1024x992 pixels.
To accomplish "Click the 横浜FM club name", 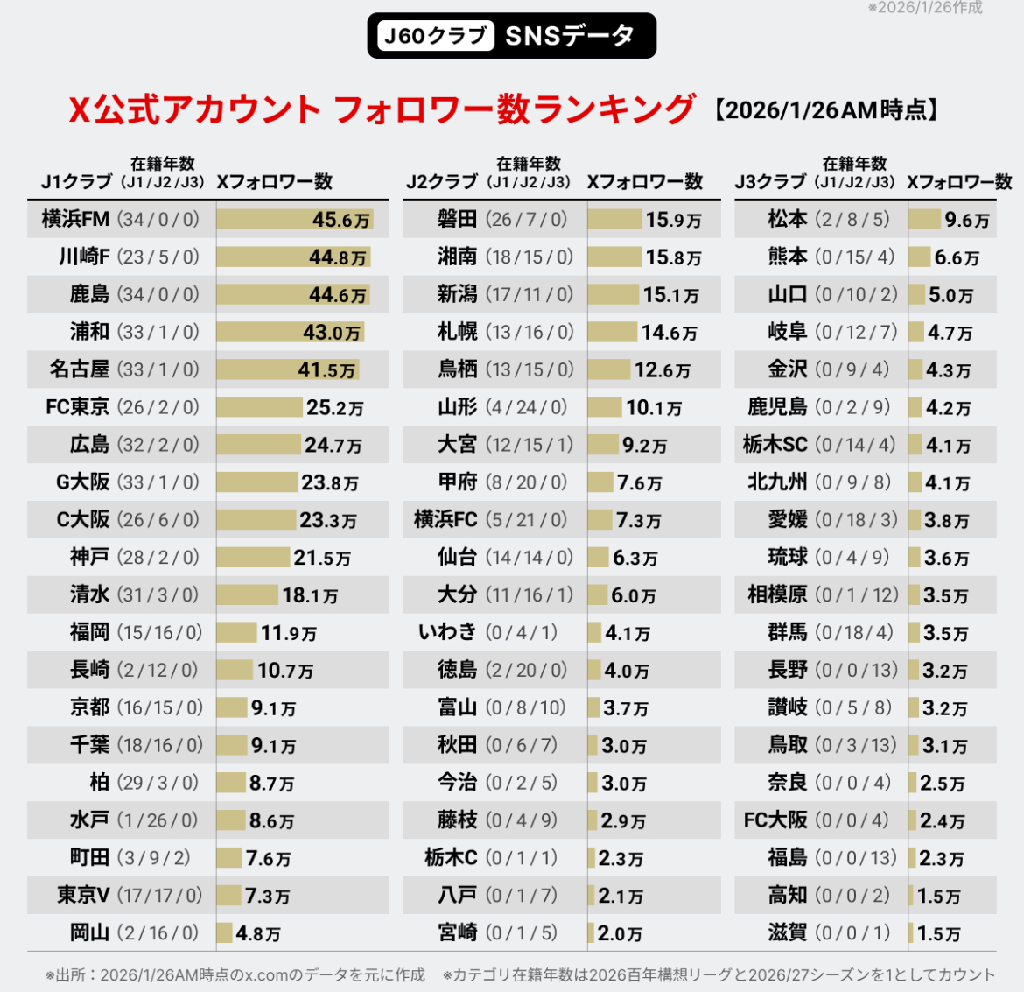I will click(76, 219).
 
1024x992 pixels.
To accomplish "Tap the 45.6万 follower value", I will click(341, 220).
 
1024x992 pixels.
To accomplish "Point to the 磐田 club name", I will click(458, 219).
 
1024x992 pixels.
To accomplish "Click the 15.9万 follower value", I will click(673, 220).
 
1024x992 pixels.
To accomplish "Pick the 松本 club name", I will click(788, 219).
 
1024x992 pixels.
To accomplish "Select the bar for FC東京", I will click(259, 407).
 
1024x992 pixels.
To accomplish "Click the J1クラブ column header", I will click(77, 181).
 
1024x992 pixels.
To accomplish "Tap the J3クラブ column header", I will click(770, 181).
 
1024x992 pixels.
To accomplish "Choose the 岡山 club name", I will click(90, 932).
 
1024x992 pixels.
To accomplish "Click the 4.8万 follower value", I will click(258, 933).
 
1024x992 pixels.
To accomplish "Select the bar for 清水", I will click(247, 595).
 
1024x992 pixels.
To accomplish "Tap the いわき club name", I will click(447, 632).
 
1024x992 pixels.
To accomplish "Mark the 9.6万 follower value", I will click(967, 220).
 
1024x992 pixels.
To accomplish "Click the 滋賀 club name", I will click(788, 932).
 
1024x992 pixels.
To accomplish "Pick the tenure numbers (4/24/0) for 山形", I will click(527, 407).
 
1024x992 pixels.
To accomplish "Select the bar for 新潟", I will click(614, 294).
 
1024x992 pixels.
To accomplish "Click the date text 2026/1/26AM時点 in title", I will click(825, 109).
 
